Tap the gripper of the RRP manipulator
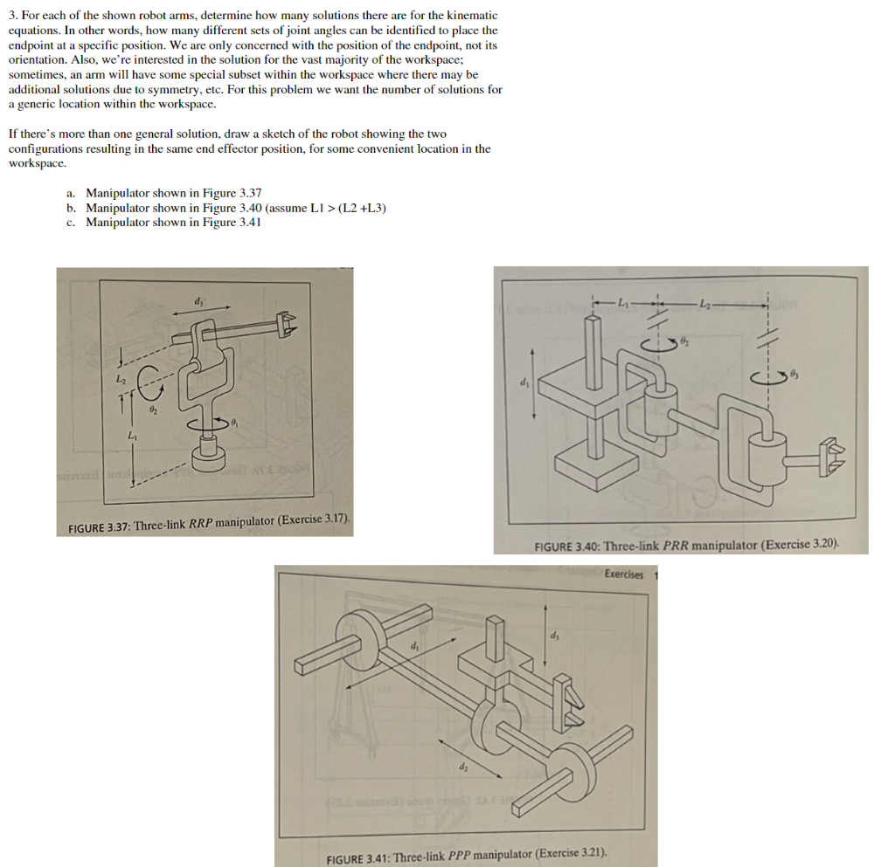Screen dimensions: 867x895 [284, 326]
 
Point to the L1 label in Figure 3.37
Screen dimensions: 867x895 [132, 434]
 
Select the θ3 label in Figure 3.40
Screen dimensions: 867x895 [793, 375]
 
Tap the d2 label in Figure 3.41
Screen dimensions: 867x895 [462, 768]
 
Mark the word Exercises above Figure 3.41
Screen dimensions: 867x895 [624, 574]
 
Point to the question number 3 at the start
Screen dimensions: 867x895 [12, 16]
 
